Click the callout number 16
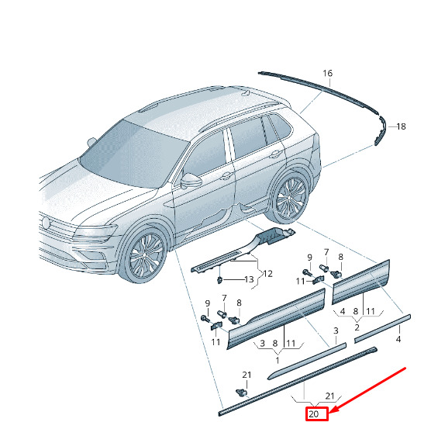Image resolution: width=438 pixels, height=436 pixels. pos(328,73)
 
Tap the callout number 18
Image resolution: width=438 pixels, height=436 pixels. pos(401,126)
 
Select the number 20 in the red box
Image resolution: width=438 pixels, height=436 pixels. pos(314,414)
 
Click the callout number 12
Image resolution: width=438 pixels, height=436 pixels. pos(267,274)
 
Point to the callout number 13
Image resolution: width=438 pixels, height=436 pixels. pos(249,279)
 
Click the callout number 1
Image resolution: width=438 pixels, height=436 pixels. pos(278,360)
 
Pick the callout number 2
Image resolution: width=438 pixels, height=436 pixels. pos(357,327)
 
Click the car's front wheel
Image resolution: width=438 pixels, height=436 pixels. pos(144,255)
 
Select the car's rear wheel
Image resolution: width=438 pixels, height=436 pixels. pos(289,196)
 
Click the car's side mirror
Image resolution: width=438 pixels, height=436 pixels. pos(191,181)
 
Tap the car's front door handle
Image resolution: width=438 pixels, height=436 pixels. pos(226,176)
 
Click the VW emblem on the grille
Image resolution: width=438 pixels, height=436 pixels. pos(45,223)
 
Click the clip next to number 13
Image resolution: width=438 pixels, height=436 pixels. pos(220,279)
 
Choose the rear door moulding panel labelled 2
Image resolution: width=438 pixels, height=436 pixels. pos(360,282)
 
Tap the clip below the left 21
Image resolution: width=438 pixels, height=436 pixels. pos(241,393)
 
